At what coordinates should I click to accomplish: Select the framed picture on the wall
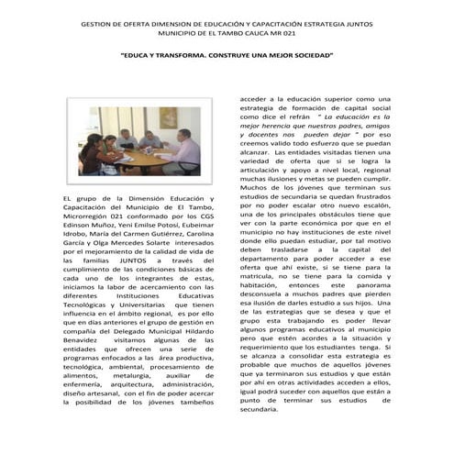(167, 117)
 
